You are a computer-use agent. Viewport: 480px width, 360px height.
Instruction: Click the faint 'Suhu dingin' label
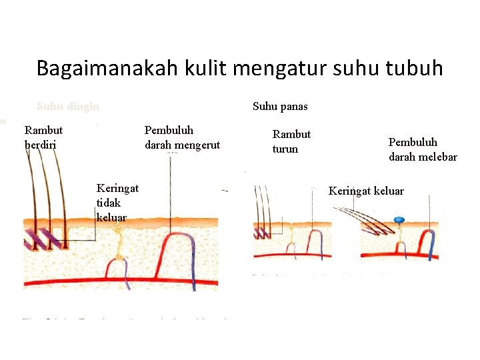68,106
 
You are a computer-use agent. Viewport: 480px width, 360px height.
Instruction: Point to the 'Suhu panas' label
280,107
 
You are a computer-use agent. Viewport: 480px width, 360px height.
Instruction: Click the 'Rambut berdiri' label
43,137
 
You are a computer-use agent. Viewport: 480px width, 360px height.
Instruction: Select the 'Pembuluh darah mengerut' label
182,137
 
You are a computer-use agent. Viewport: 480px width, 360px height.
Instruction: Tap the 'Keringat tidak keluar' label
117,203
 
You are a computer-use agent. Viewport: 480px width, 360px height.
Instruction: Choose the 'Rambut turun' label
291,141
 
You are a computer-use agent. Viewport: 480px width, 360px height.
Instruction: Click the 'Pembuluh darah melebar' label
423,150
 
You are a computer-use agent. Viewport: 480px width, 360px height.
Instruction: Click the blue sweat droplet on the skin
399,219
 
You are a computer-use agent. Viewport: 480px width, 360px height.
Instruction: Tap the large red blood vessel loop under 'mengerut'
172,250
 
